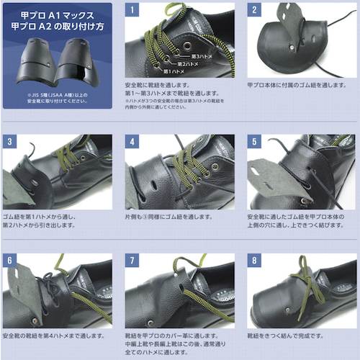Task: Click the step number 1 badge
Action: click(132, 10)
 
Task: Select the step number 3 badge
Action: click(9, 141)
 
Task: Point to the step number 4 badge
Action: click(132, 141)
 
